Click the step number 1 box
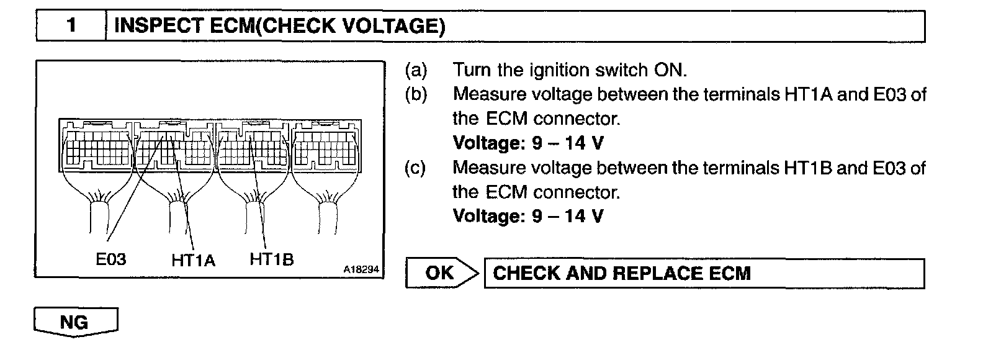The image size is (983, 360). [71, 26]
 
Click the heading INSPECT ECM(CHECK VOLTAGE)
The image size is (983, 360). [280, 26]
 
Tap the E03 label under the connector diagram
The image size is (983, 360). [111, 259]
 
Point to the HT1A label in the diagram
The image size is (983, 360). [193, 260]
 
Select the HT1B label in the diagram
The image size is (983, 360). [271, 259]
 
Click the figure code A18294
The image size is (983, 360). [361, 270]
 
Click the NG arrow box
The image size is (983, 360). [75, 322]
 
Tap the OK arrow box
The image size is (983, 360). [442, 273]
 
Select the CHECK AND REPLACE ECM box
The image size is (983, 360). [704, 273]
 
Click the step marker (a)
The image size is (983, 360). [416, 70]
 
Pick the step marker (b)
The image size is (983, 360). [416, 94]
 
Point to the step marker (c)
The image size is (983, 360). [416, 168]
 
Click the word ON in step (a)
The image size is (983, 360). [670, 70]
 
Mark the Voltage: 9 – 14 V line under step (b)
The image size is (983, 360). [527, 143]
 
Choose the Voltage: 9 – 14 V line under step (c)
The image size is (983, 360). [527, 216]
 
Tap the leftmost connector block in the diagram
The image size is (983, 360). [96, 149]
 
